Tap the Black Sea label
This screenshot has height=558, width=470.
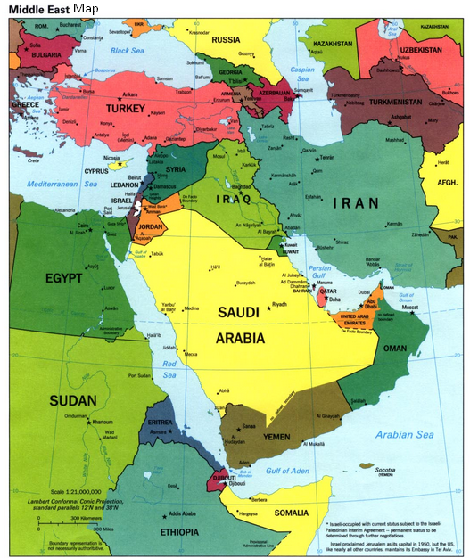pyautogui.click(x=128, y=52)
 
